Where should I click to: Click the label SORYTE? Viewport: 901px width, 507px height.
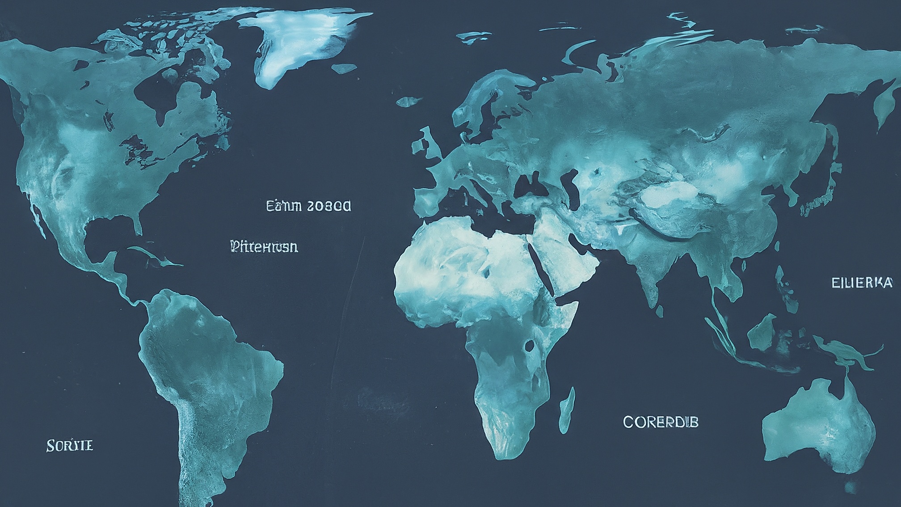(x=70, y=446)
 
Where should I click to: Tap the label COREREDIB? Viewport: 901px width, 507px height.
(x=660, y=422)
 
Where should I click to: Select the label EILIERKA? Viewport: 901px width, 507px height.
(x=862, y=283)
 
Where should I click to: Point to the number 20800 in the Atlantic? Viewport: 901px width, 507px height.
(x=329, y=206)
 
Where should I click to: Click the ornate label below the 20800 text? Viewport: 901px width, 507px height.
(x=264, y=246)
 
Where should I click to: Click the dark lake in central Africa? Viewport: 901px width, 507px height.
(x=530, y=345)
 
